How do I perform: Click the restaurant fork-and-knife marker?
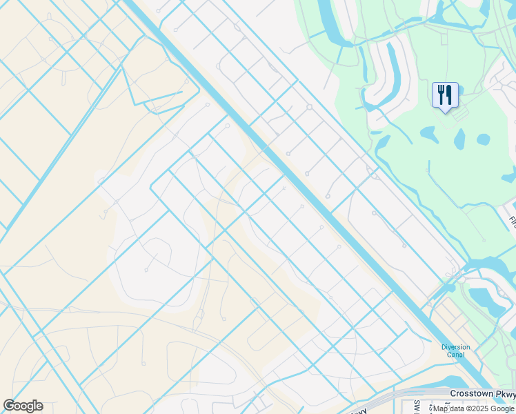point(445,95)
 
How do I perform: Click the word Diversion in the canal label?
point(455,347)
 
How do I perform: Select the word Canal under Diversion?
point(455,355)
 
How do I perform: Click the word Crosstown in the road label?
point(473,393)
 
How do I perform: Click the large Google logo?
point(23,406)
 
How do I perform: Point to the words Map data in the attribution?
point(448,408)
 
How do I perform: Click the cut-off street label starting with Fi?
point(513,222)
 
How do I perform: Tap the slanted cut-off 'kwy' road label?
point(359,411)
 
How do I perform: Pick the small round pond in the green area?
point(483,139)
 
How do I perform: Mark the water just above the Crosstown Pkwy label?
point(455,382)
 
